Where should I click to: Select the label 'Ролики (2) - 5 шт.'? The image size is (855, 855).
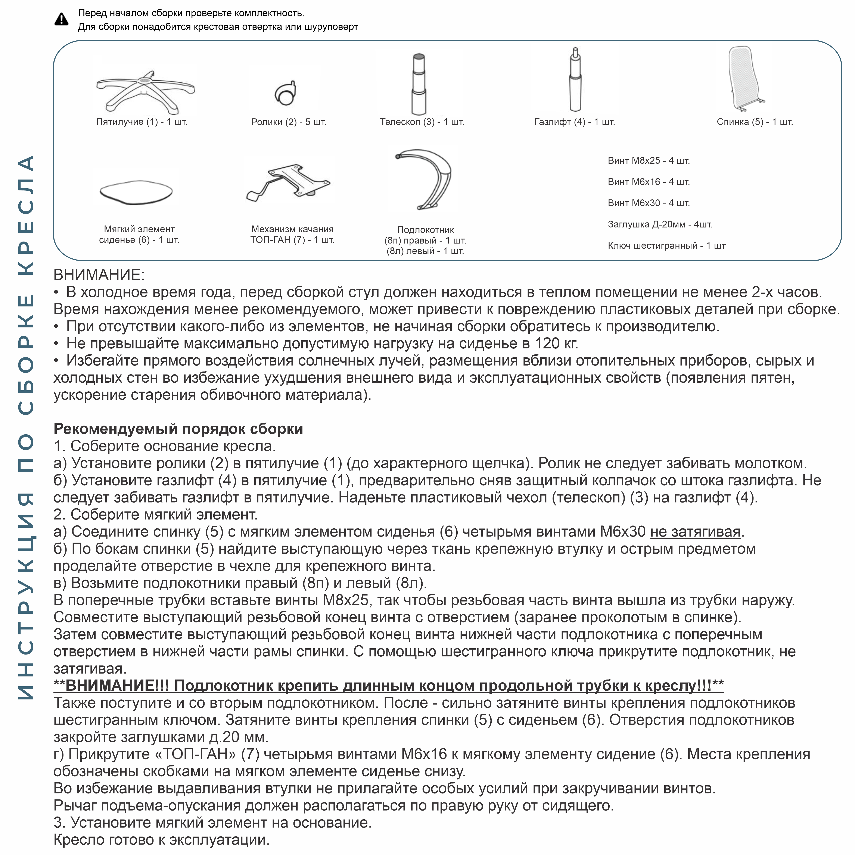[x=289, y=122]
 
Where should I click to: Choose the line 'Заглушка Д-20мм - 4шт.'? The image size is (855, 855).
[x=660, y=224]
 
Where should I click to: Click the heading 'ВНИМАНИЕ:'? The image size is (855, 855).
[x=99, y=275]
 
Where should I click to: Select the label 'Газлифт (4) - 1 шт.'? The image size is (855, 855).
[x=574, y=122]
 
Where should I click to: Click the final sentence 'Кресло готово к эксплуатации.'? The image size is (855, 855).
[x=162, y=840]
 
